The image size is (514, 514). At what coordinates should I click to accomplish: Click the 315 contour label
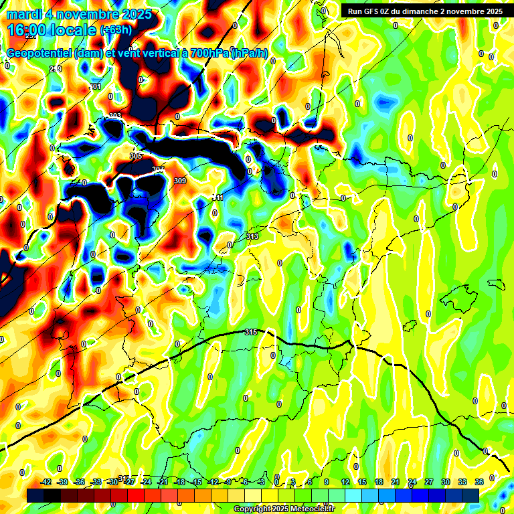click(251, 332)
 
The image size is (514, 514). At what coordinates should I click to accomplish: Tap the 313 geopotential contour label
click(252, 237)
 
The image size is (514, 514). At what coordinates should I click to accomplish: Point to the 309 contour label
click(179, 181)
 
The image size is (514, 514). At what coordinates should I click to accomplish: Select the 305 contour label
click(136, 156)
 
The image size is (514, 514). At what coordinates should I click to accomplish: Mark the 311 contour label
click(218, 197)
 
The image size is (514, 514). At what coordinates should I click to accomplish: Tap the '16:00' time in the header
click(29, 30)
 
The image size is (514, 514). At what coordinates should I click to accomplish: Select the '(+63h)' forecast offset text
click(116, 30)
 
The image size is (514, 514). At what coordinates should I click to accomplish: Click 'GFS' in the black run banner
click(377, 11)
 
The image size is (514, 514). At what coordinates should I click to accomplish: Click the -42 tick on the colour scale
click(46, 482)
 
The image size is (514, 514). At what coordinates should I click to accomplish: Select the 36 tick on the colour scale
click(479, 482)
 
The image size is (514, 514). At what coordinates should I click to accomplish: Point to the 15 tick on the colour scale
click(361, 482)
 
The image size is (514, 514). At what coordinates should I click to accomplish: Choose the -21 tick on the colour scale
click(163, 482)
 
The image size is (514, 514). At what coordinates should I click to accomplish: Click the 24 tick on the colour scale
click(412, 482)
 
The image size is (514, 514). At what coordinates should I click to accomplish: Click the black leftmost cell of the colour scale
click(35, 495)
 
